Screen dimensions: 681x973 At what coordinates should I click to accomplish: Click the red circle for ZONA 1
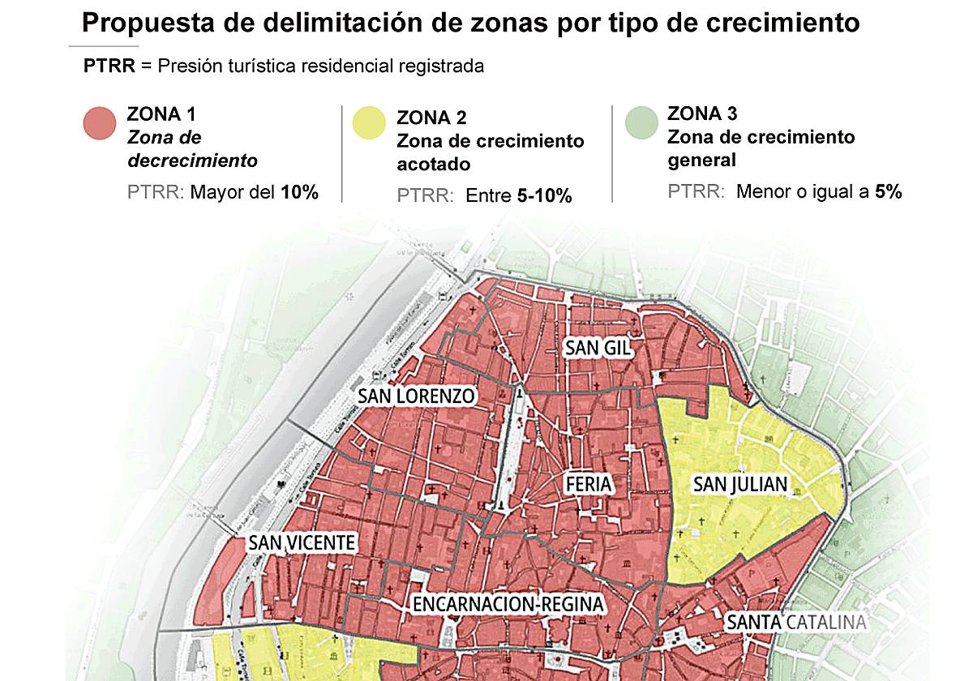[x=101, y=123]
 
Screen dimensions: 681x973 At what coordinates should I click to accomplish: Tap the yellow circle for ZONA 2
[x=369, y=123]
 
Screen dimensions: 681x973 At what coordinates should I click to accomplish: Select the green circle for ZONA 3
[x=641, y=123]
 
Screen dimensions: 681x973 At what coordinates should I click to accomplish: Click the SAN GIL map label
[x=598, y=348]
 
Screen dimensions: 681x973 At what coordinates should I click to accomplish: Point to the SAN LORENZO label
[x=416, y=396]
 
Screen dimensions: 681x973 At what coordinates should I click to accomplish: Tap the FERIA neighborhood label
[x=589, y=485]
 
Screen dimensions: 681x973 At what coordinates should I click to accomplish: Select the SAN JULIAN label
[x=739, y=485]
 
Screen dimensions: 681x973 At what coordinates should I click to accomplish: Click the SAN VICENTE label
[x=302, y=542]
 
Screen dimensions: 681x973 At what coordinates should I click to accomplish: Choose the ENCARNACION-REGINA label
[x=508, y=605]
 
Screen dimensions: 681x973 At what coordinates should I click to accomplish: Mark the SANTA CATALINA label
[x=795, y=623]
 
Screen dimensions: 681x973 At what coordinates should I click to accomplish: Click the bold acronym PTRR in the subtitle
[x=109, y=66]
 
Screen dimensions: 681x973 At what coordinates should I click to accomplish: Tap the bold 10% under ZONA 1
[x=300, y=193]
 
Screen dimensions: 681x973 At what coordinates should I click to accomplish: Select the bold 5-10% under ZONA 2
[x=544, y=196]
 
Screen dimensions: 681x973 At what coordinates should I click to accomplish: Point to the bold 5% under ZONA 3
[x=888, y=192]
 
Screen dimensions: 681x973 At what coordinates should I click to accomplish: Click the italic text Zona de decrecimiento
[x=192, y=149]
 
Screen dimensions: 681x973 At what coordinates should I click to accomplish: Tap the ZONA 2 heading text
[x=431, y=118]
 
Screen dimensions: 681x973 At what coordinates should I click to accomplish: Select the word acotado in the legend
[x=433, y=165]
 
